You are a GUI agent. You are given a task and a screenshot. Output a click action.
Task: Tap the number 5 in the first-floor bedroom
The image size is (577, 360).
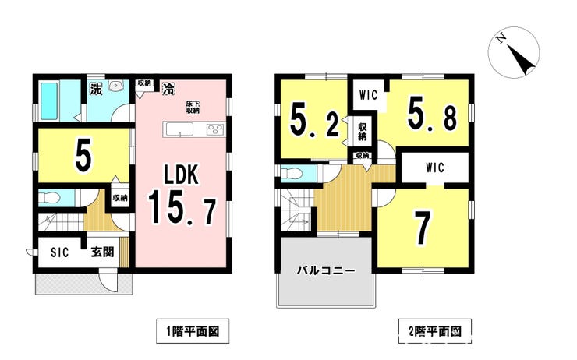point(83,156)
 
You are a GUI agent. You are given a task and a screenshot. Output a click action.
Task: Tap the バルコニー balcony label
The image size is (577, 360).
point(326,271)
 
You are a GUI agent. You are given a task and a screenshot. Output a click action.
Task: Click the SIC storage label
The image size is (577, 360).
point(59,252)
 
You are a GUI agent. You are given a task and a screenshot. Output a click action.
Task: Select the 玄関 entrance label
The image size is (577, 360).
point(103,252)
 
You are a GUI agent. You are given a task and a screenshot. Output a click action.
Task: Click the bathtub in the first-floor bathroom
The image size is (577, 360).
point(49,101)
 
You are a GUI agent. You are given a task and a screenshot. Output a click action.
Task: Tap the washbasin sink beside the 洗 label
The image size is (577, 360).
point(116,86)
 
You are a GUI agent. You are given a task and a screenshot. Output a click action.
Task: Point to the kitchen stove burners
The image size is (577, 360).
point(214,129)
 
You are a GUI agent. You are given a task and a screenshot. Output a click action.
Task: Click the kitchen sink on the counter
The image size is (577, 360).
point(179,129)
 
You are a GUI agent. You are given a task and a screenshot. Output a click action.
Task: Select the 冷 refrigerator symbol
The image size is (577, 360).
point(168,88)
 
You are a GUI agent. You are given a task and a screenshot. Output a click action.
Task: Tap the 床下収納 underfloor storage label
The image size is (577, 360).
point(193,108)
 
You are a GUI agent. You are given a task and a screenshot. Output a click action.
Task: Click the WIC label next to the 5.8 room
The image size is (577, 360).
point(368,95)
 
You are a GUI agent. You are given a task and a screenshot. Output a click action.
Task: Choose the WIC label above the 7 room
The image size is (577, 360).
point(435,168)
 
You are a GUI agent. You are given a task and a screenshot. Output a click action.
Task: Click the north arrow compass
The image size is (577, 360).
point(514,52)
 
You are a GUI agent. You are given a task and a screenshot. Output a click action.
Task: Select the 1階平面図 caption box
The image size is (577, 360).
point(193,331)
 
